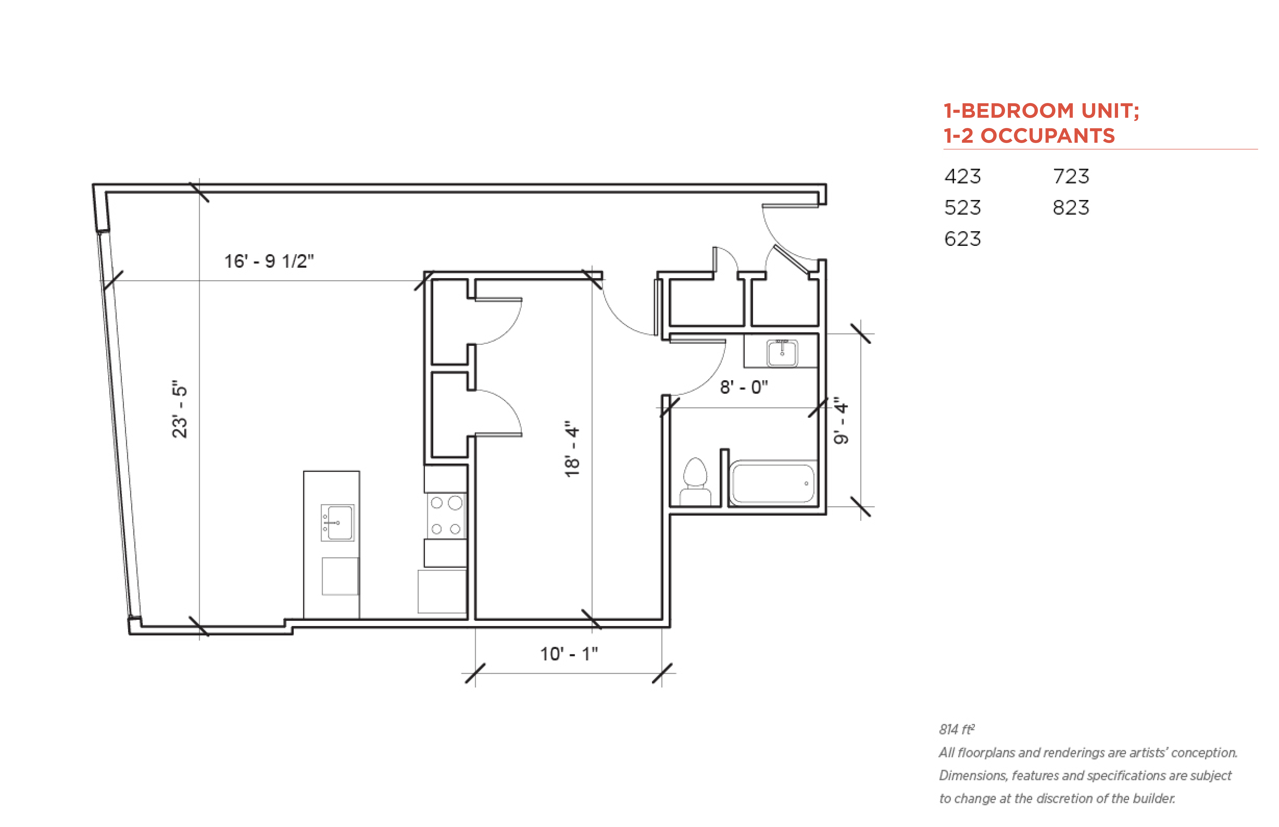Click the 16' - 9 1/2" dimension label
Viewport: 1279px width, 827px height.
pos(268,261)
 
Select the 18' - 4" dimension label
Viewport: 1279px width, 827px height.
pos(572,449)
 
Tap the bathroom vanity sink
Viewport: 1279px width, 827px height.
pos(782,353)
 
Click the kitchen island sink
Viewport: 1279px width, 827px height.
pos(337,522)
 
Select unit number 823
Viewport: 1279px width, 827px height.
pos(1071,207)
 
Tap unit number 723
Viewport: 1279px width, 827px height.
pos(1071,176)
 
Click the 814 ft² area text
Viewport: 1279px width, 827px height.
pos(957,729)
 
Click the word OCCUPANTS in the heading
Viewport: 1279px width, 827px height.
pos(1048,136)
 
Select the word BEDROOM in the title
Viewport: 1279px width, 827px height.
pos(1017,110)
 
